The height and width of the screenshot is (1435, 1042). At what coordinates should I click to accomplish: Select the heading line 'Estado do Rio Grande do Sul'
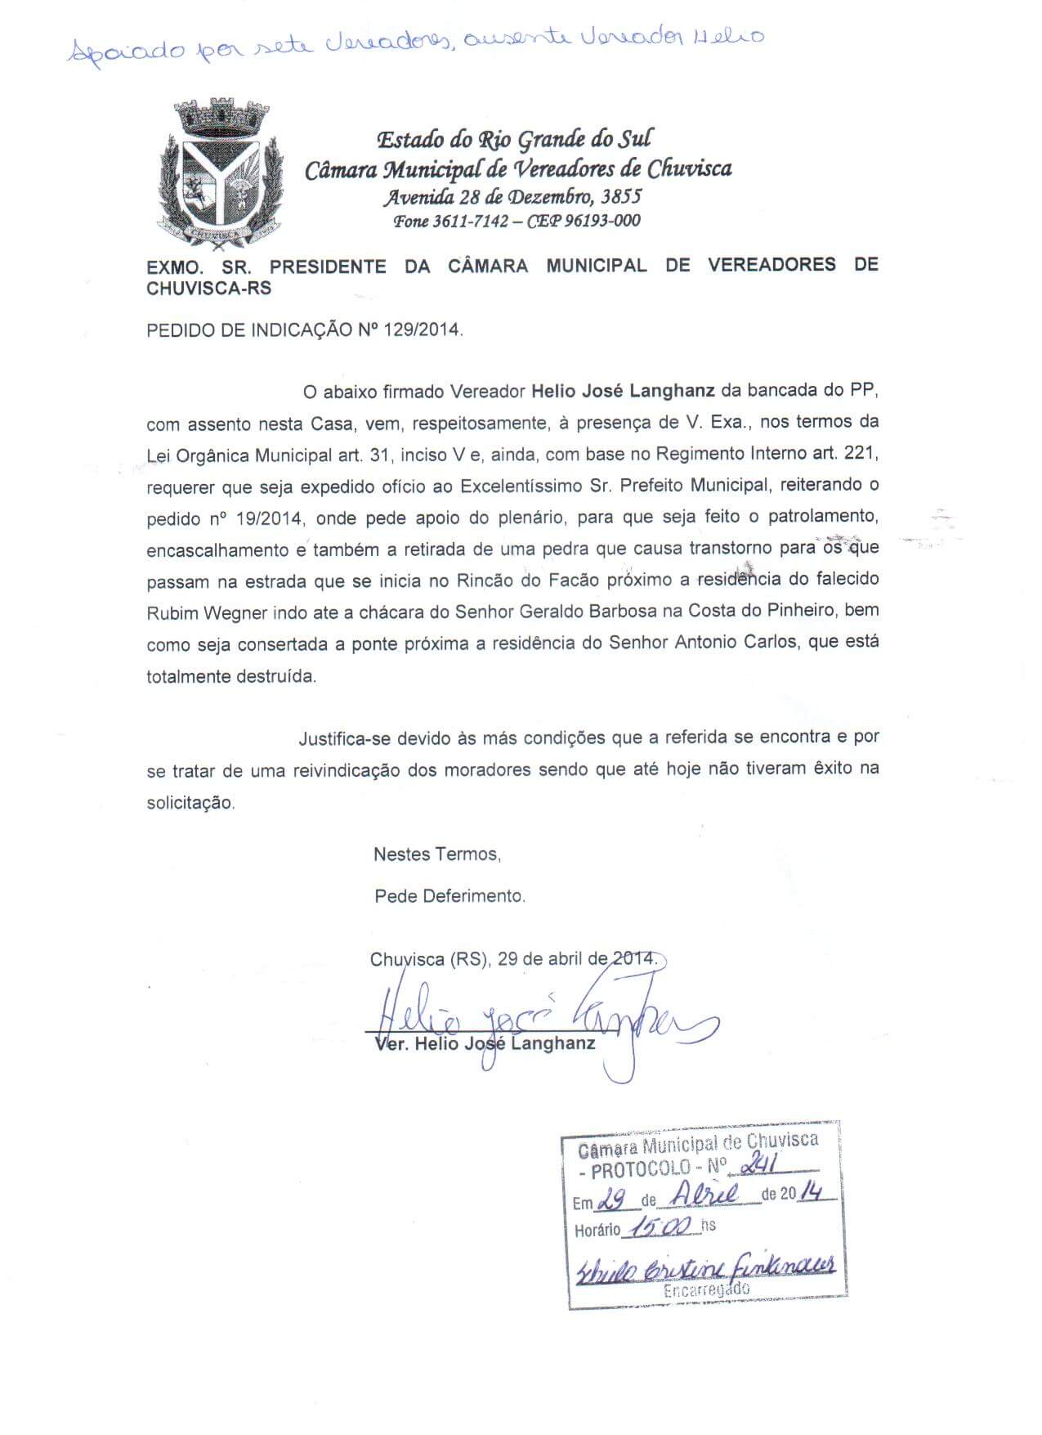click(x=514, y=139)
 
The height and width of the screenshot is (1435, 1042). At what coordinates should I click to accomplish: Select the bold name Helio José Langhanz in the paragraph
click(x=624, y=391)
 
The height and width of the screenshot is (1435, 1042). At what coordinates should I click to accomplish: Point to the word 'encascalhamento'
click(x=217, y=550)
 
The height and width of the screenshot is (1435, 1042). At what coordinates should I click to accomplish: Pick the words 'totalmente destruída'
click(x=230, y=676)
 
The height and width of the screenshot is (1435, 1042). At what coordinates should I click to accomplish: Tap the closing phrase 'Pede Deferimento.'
click(x=449, y=895)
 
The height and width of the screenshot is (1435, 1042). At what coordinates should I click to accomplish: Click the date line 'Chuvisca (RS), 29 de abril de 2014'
click(x=512, y=959)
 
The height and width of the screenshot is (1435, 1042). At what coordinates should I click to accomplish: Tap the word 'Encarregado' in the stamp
click(x=706, y=1290)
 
